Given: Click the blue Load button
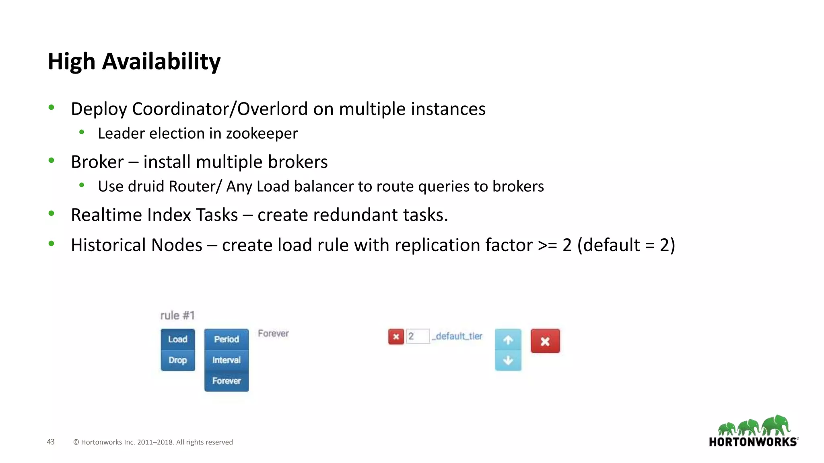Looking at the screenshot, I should [177, 339].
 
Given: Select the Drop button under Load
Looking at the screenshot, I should [177, 360].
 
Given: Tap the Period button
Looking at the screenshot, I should [226, 339].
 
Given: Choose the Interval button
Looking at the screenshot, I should [226, 360].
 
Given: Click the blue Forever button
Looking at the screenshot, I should [226, 381].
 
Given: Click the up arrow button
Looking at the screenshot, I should [508, 340].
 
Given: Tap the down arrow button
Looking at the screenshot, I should [508, 361].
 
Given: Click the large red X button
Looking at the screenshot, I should [545, 341].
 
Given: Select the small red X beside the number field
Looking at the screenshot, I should [396, 336].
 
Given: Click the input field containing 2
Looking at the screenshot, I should [418, 336].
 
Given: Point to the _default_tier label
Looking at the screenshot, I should [457, 336].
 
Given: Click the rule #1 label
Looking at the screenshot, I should [177, 315].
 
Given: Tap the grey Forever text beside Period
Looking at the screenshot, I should [273, 334].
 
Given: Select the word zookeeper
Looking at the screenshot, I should [262, 133].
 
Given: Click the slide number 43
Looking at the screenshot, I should [51, 442].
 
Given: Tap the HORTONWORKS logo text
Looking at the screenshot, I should [753, 442].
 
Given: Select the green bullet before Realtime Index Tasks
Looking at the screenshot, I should [51, 213].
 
